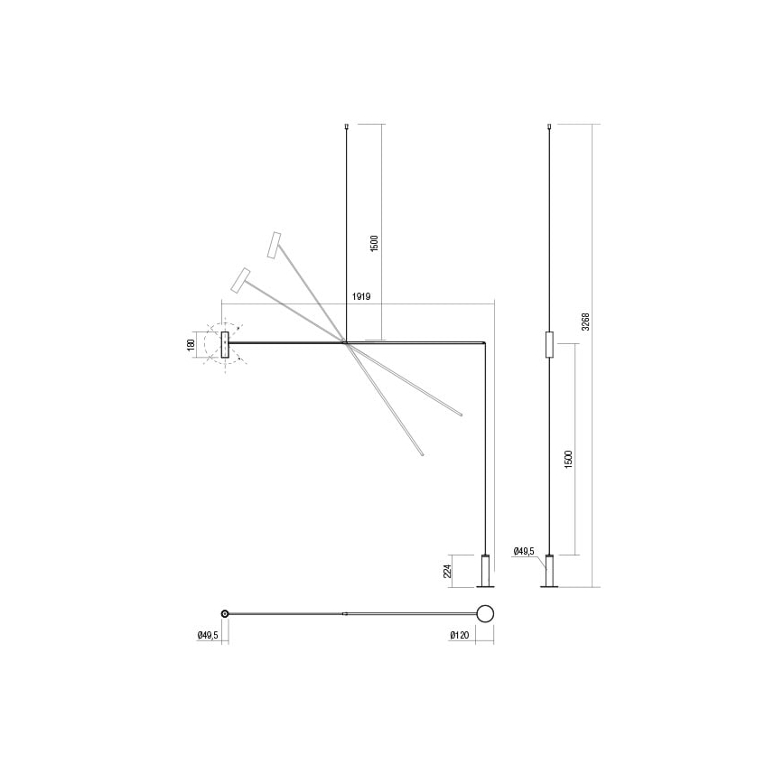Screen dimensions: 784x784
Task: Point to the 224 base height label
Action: [447, 570]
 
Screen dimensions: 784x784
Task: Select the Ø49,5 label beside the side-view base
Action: [524, 550]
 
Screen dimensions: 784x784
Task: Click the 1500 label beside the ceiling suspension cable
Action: [374, 244]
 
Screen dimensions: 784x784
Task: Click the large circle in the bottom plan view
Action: [485, 614]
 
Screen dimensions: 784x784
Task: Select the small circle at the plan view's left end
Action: [225, 613]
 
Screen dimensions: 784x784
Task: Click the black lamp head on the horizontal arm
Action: [225, 346]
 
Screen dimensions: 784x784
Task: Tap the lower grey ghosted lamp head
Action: [241, 280]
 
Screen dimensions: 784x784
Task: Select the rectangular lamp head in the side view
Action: [550, 346]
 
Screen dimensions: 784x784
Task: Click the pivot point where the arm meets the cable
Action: [347, 341]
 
